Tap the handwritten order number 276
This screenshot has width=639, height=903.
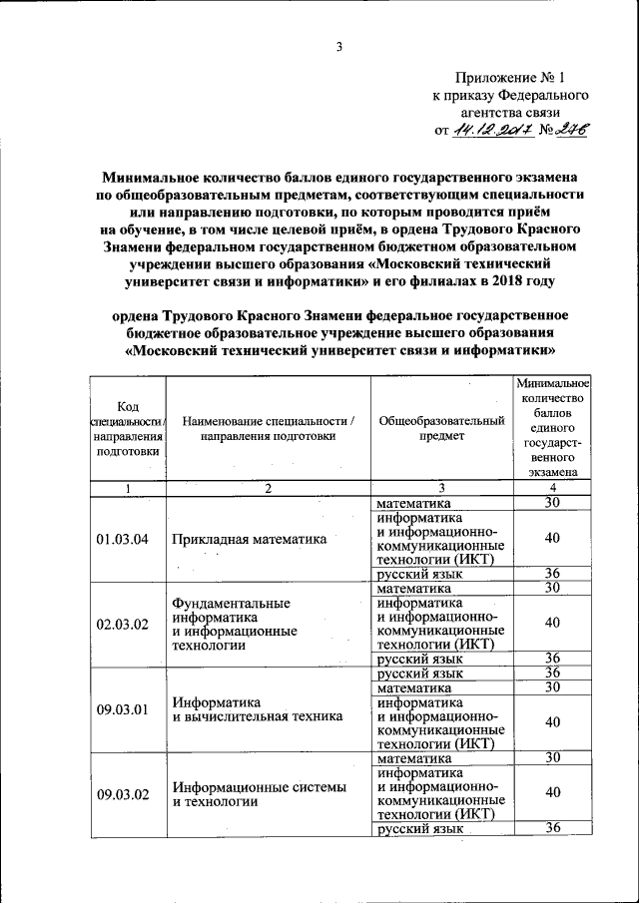[572, 129]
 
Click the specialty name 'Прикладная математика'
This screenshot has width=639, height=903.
[250, 540]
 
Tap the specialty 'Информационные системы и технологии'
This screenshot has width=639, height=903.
[259, 794]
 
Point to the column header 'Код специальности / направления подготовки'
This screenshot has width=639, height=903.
[127, 428]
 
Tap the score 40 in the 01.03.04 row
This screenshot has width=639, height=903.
[552, 538]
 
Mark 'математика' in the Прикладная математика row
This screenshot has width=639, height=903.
[414, 503]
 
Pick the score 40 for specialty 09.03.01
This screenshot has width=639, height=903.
[552, 721]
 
